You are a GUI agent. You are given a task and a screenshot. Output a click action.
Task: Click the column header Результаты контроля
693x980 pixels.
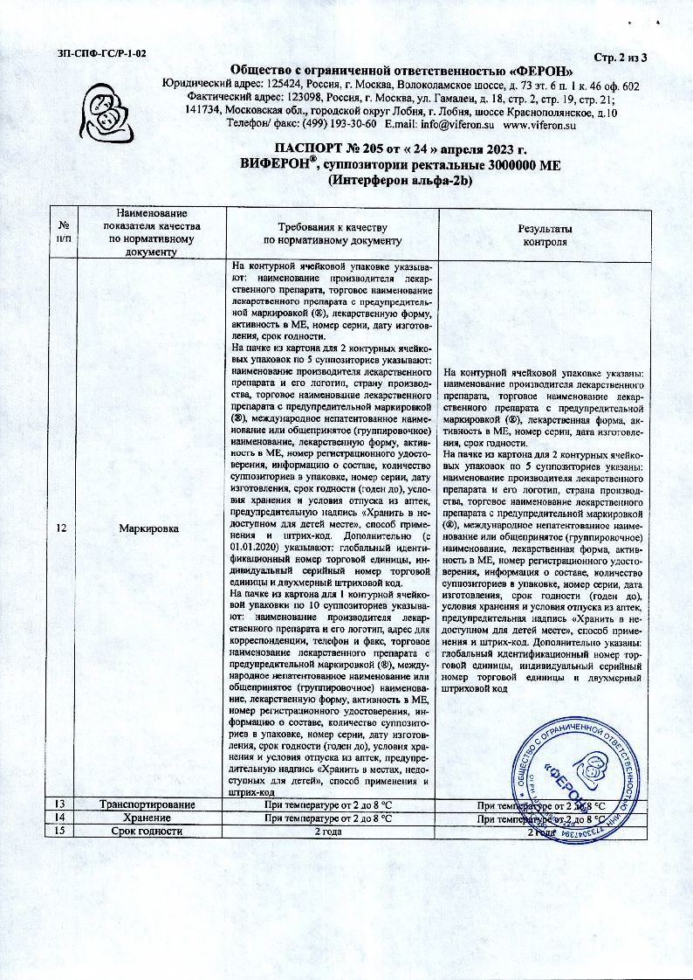546,235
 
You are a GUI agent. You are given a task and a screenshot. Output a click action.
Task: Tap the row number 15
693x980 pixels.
59,832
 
